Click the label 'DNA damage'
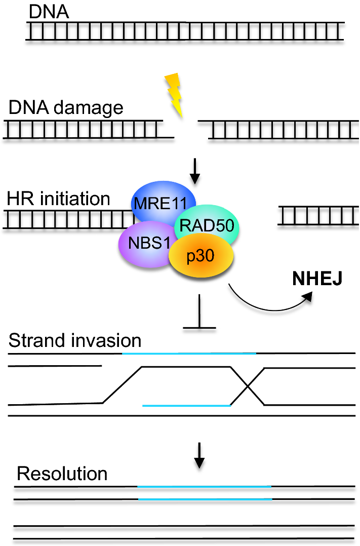[x=66, y=108]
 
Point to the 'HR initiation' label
[x=59, y=199]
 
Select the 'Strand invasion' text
[x=75, y=340]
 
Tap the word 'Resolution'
[x=62, y=474]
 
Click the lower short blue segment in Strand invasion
[x=186, y=405]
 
